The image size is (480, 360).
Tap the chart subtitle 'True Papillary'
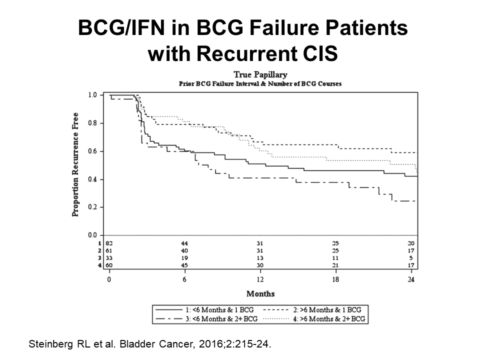[260, 75]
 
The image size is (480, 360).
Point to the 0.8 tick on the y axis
[92, 123]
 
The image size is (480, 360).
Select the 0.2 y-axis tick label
[92, 207]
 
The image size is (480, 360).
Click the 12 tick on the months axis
[260, 279]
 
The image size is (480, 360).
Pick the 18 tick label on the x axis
[335, 279]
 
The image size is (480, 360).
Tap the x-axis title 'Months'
[260, 293]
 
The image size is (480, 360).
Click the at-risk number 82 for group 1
[109, 243]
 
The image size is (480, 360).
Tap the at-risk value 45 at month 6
[184, 265]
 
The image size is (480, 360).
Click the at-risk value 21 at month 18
[335, 265]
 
